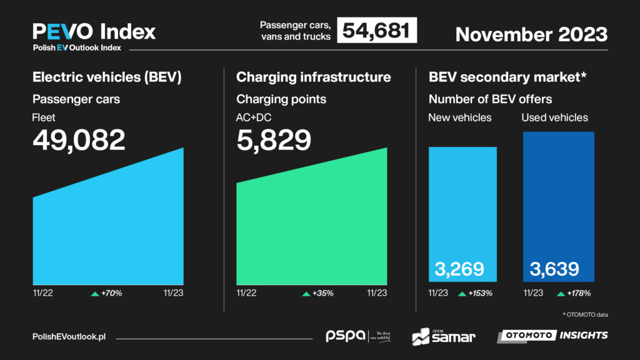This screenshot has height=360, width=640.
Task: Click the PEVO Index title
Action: pyautogui.click(x=94, y=31)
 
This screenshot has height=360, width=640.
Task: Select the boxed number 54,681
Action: pyautogui.click(x=376, y=31)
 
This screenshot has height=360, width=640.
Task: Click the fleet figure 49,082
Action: pyautogui.click(x=79, y=141)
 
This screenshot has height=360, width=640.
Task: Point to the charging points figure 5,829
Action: pyautogui.click(x=274, y=141)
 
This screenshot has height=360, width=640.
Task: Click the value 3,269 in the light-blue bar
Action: pyautogui.click(x=459, y=269)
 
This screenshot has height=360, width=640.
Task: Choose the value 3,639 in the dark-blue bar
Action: pyautogui.click(x=554, y=269)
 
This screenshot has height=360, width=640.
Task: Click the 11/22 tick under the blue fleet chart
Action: pyautogui.click(x=42, y=293)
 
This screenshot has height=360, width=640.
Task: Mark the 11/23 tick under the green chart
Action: pyautogui.click(x=377, y=293)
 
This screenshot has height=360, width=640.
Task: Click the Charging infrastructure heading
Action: pyautogui.click(x=313, y=77)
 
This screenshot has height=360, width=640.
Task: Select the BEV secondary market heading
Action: pyautogui.click(x=507, y=77)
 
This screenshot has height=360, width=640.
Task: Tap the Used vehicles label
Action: pyautogui.click(x=554, y=117)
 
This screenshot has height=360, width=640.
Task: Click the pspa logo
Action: pyautogui.click(x=346, y=336)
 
